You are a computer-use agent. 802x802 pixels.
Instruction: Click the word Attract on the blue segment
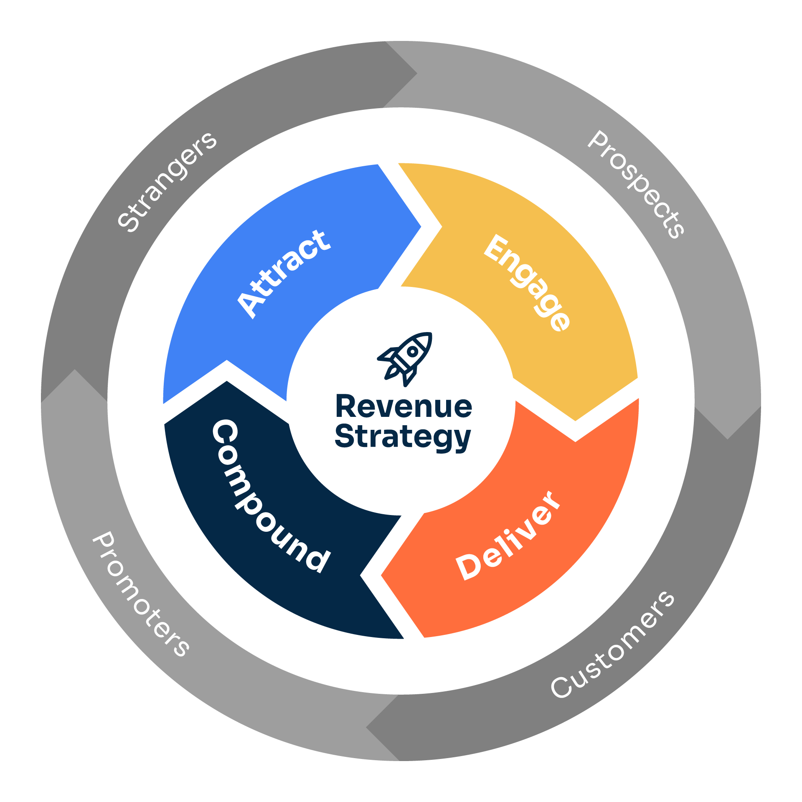pos(284,274)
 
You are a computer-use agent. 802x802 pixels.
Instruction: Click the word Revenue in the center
pos(404,407)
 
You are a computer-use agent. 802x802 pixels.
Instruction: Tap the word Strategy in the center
pos(403,437)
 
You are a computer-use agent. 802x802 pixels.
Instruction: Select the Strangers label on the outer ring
pos(167,181)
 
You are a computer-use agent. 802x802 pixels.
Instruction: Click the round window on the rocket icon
pos(413,352)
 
